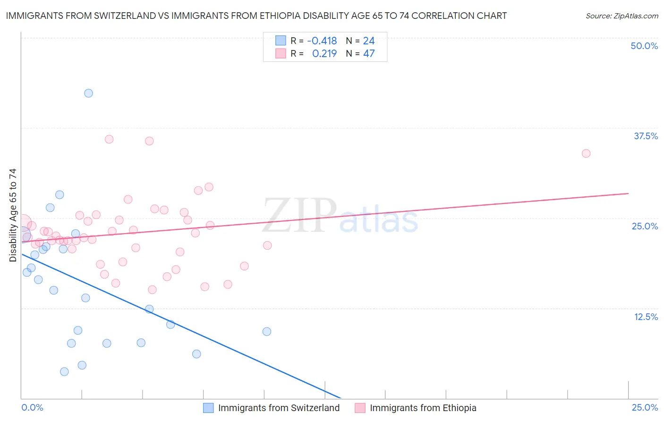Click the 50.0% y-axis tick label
[644, 46]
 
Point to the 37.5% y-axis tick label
[646, 136]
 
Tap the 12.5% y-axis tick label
[646, 317]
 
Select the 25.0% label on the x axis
[645, 407]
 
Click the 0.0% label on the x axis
[32, 407]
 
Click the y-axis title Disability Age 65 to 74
[13, 215]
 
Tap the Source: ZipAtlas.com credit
[621, 16]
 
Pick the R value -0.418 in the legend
[322, 41]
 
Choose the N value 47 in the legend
[369, 54]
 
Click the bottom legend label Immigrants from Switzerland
[279, 408]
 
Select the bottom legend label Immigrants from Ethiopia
[423, 408]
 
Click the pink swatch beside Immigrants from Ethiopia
[360, 408]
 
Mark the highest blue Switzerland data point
[88, 93]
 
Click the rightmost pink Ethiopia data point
[586, 153]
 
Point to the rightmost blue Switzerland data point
[267, 331]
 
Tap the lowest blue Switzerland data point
[64, 371]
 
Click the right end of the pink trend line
[628, 194]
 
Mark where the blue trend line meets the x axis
[341, 398]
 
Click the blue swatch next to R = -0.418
[281, 41]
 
